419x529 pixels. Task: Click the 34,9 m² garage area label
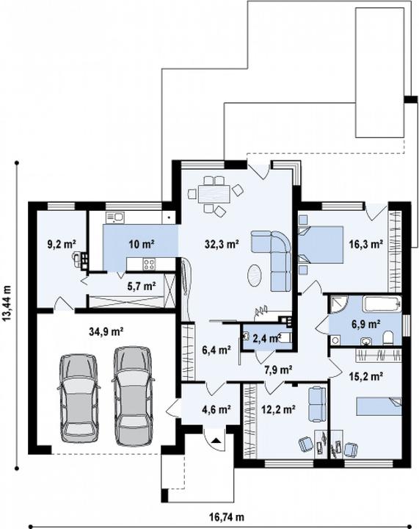pos(106,331)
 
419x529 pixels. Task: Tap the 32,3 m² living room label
pos(222,243)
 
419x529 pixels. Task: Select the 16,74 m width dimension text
pos(227,517)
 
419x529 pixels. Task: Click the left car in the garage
pos(79,397)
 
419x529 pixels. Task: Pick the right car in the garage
pos(133,396)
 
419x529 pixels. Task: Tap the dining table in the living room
pos(214,194)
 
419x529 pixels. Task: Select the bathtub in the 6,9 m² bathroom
pos(382,303)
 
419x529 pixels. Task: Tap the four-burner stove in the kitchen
pos(149,264)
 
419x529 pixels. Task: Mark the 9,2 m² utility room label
pos(62,244)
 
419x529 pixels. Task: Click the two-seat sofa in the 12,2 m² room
pos(317,404)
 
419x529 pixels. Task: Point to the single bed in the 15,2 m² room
pos(379,406)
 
